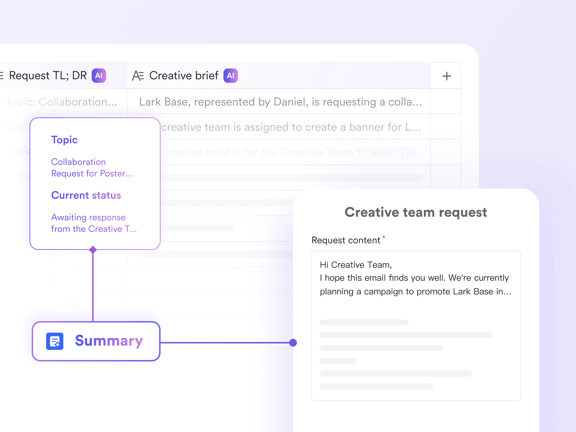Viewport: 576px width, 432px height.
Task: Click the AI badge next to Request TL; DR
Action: coord(99,76)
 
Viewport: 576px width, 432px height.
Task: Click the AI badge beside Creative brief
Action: coord(230,76)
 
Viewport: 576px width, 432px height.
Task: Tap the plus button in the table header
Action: coord(447,76)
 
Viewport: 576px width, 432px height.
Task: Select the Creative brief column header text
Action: coord(184,76)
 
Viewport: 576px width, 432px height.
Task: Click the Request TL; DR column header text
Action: coord(48,76)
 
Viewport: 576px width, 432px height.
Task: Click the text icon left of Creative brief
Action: coord(138,76)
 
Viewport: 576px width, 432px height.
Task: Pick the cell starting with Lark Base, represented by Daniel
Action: coord(280,102)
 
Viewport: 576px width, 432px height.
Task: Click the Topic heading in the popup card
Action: coord(64,140)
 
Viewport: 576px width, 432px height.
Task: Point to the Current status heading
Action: coord(86,195)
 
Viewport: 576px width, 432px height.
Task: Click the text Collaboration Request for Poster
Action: coord(92,168)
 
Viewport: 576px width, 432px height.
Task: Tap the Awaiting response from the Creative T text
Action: coord(94,223)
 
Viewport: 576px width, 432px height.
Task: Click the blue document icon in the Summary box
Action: coord(55,341)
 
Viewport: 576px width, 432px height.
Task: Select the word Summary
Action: coord(109,341)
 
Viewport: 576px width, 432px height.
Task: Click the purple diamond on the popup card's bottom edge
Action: coord(93,249)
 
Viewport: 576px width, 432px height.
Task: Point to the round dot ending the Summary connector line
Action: coord(293,343)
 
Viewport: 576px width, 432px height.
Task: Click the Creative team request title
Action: coord(416,212)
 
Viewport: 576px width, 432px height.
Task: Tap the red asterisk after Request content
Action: coord(384,237)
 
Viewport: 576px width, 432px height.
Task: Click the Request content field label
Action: coord(346,240)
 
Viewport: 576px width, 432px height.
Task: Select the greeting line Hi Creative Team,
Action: coord(356,265)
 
